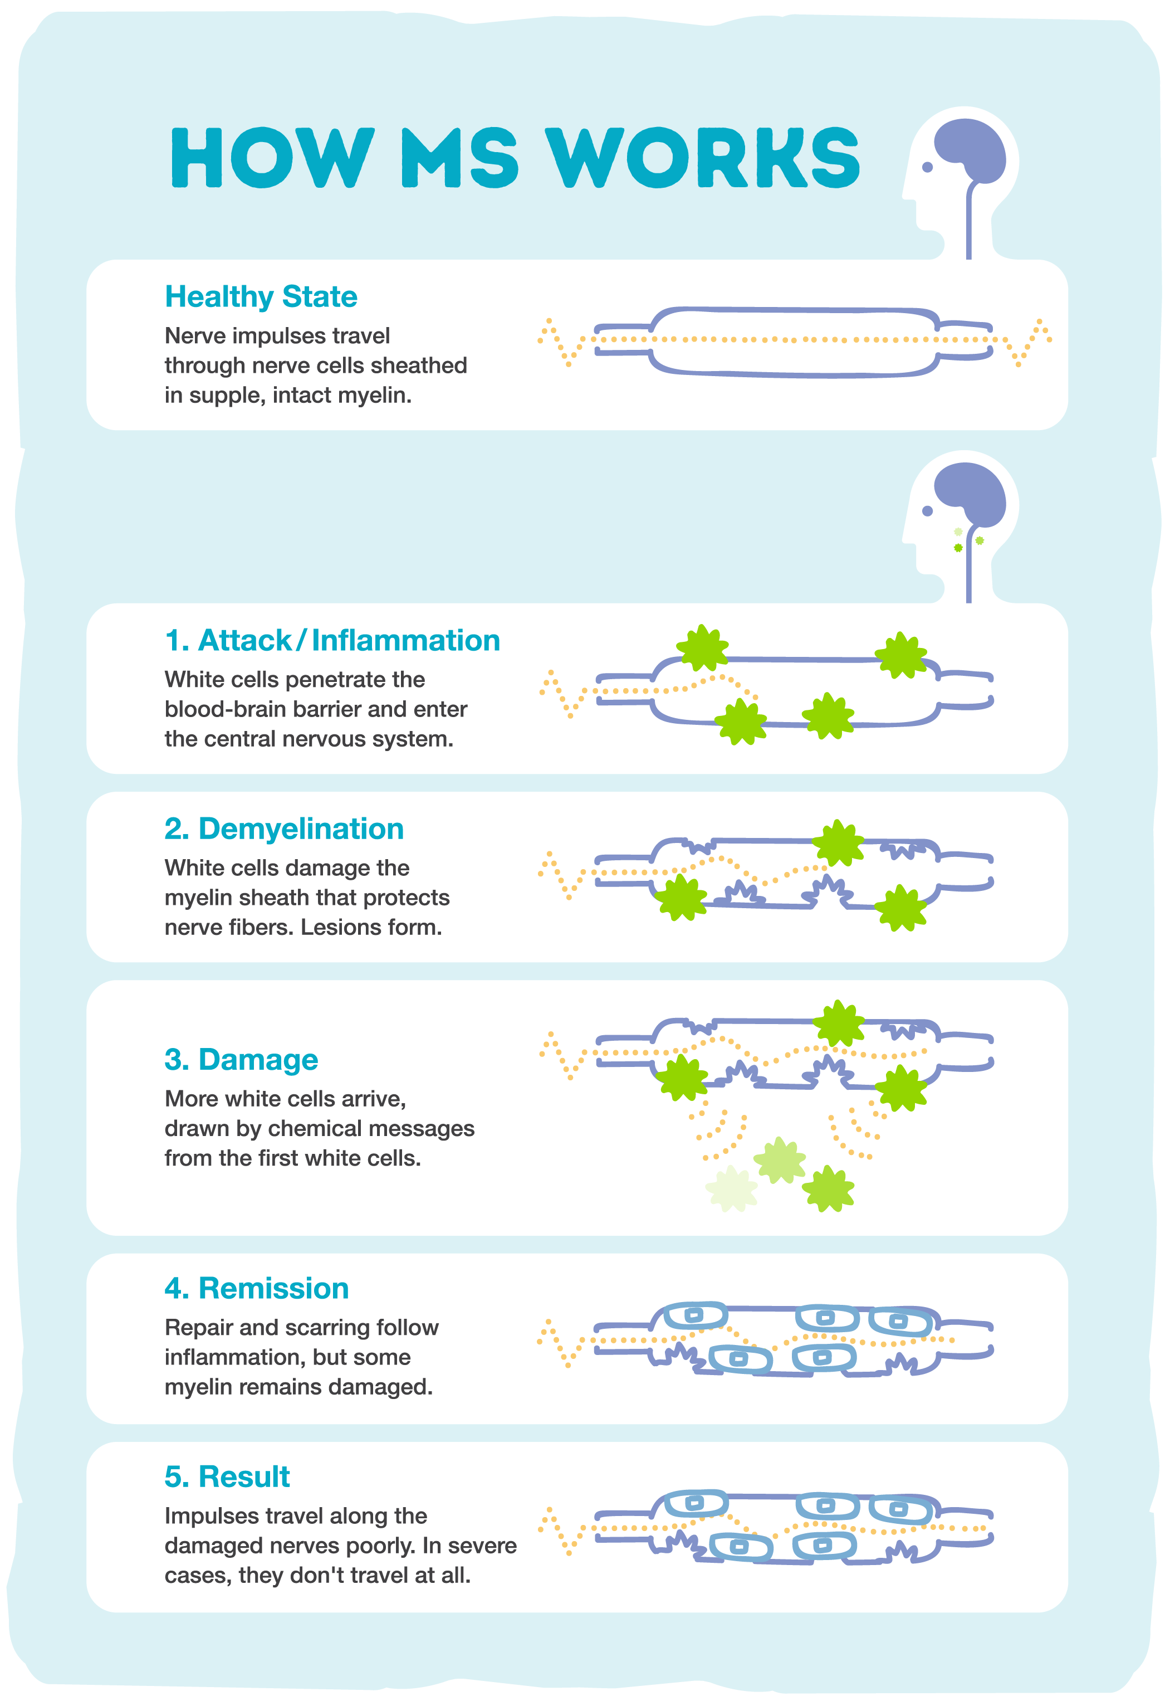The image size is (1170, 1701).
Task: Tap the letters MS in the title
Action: coord(459,158)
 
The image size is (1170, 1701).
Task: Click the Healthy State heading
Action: coord(261,297)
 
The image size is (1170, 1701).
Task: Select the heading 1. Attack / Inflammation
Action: coord(332,640)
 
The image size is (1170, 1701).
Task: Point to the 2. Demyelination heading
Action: coord(283,829)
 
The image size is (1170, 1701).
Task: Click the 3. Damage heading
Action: coord(241,1060)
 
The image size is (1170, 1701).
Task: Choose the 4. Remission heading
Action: coord(257,1289)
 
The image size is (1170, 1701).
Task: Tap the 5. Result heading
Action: coord(227,1477)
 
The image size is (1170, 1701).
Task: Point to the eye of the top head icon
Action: coord(927,167)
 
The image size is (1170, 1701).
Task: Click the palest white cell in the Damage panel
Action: coord(732,1188)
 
